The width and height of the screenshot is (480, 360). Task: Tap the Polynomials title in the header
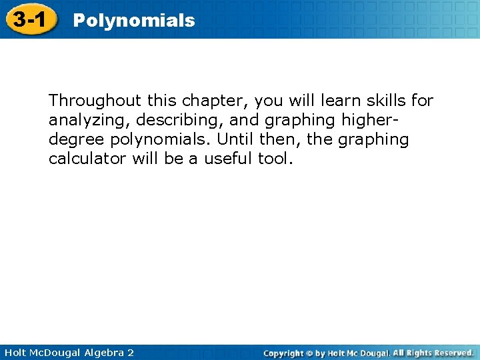(x=134, y=21)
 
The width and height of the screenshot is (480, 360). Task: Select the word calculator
(x=89, y=160)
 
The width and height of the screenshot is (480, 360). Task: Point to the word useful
(x=228, y=160)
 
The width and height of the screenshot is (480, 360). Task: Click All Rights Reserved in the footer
(x=434, y=353)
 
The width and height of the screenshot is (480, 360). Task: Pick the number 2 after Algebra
(x=130, y=352)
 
